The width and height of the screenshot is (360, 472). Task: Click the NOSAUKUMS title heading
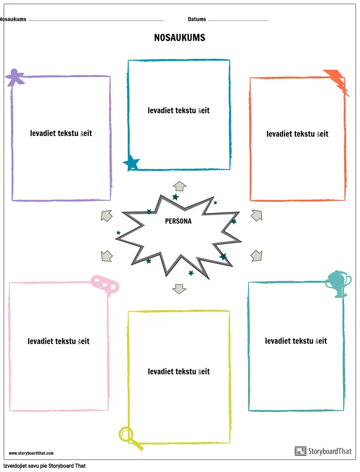(180, 38)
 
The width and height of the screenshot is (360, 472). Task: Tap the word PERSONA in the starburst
(178, 221)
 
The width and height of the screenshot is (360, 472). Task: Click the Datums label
(197, 19)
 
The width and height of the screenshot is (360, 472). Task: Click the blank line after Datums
(238, 20)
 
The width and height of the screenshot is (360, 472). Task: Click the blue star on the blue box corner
(131, 162)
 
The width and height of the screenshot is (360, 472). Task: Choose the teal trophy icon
(338, 284)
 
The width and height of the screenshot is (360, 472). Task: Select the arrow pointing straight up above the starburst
(180, 186)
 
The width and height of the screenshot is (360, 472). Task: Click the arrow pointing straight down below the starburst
(179, 289)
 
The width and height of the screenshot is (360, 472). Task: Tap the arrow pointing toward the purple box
(107, 215)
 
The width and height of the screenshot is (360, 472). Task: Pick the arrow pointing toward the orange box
(257, 215)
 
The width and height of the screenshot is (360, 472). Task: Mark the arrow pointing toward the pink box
(107, 256)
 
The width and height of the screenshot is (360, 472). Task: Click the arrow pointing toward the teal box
(257, 256)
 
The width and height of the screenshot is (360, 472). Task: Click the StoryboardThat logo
(323, 451)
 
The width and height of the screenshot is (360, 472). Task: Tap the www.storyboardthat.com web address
(31, 453)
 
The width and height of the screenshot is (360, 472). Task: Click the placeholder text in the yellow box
(179, 372)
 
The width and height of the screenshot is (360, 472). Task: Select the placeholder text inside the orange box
(297, 134)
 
